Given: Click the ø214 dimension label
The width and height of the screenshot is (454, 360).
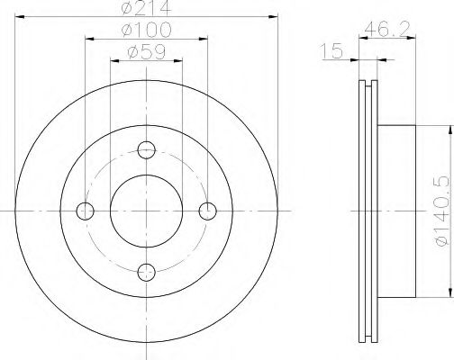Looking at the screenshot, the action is click(x=146, y=7).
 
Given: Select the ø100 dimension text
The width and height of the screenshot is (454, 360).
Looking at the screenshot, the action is click(x=146, y=30).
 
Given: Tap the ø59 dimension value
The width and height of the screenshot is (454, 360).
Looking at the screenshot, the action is click(x=146, y=52).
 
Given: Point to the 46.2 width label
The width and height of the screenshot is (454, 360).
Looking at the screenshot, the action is click(x=387, y=29).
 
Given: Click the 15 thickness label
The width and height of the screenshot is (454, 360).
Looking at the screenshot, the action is click(x=331, y=51).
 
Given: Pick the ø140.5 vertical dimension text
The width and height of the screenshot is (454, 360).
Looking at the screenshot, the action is click(x=443, y=211).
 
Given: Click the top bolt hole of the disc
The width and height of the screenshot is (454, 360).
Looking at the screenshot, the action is click(x=147, y=150).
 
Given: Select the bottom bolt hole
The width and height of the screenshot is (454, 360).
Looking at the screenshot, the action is click(x=147, y=272).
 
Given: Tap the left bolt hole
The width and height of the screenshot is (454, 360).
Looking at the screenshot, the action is click(x=86, y=211).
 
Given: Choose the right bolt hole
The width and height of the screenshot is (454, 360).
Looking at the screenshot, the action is click(x=208, y=211).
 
